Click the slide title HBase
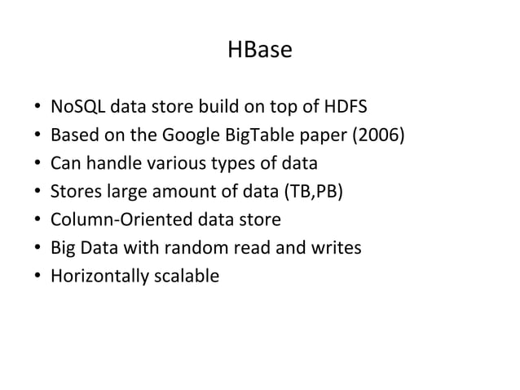coord(259,51)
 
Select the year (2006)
coord(377,135)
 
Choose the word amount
coord(182,192)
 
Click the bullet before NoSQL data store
coord(38,108)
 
